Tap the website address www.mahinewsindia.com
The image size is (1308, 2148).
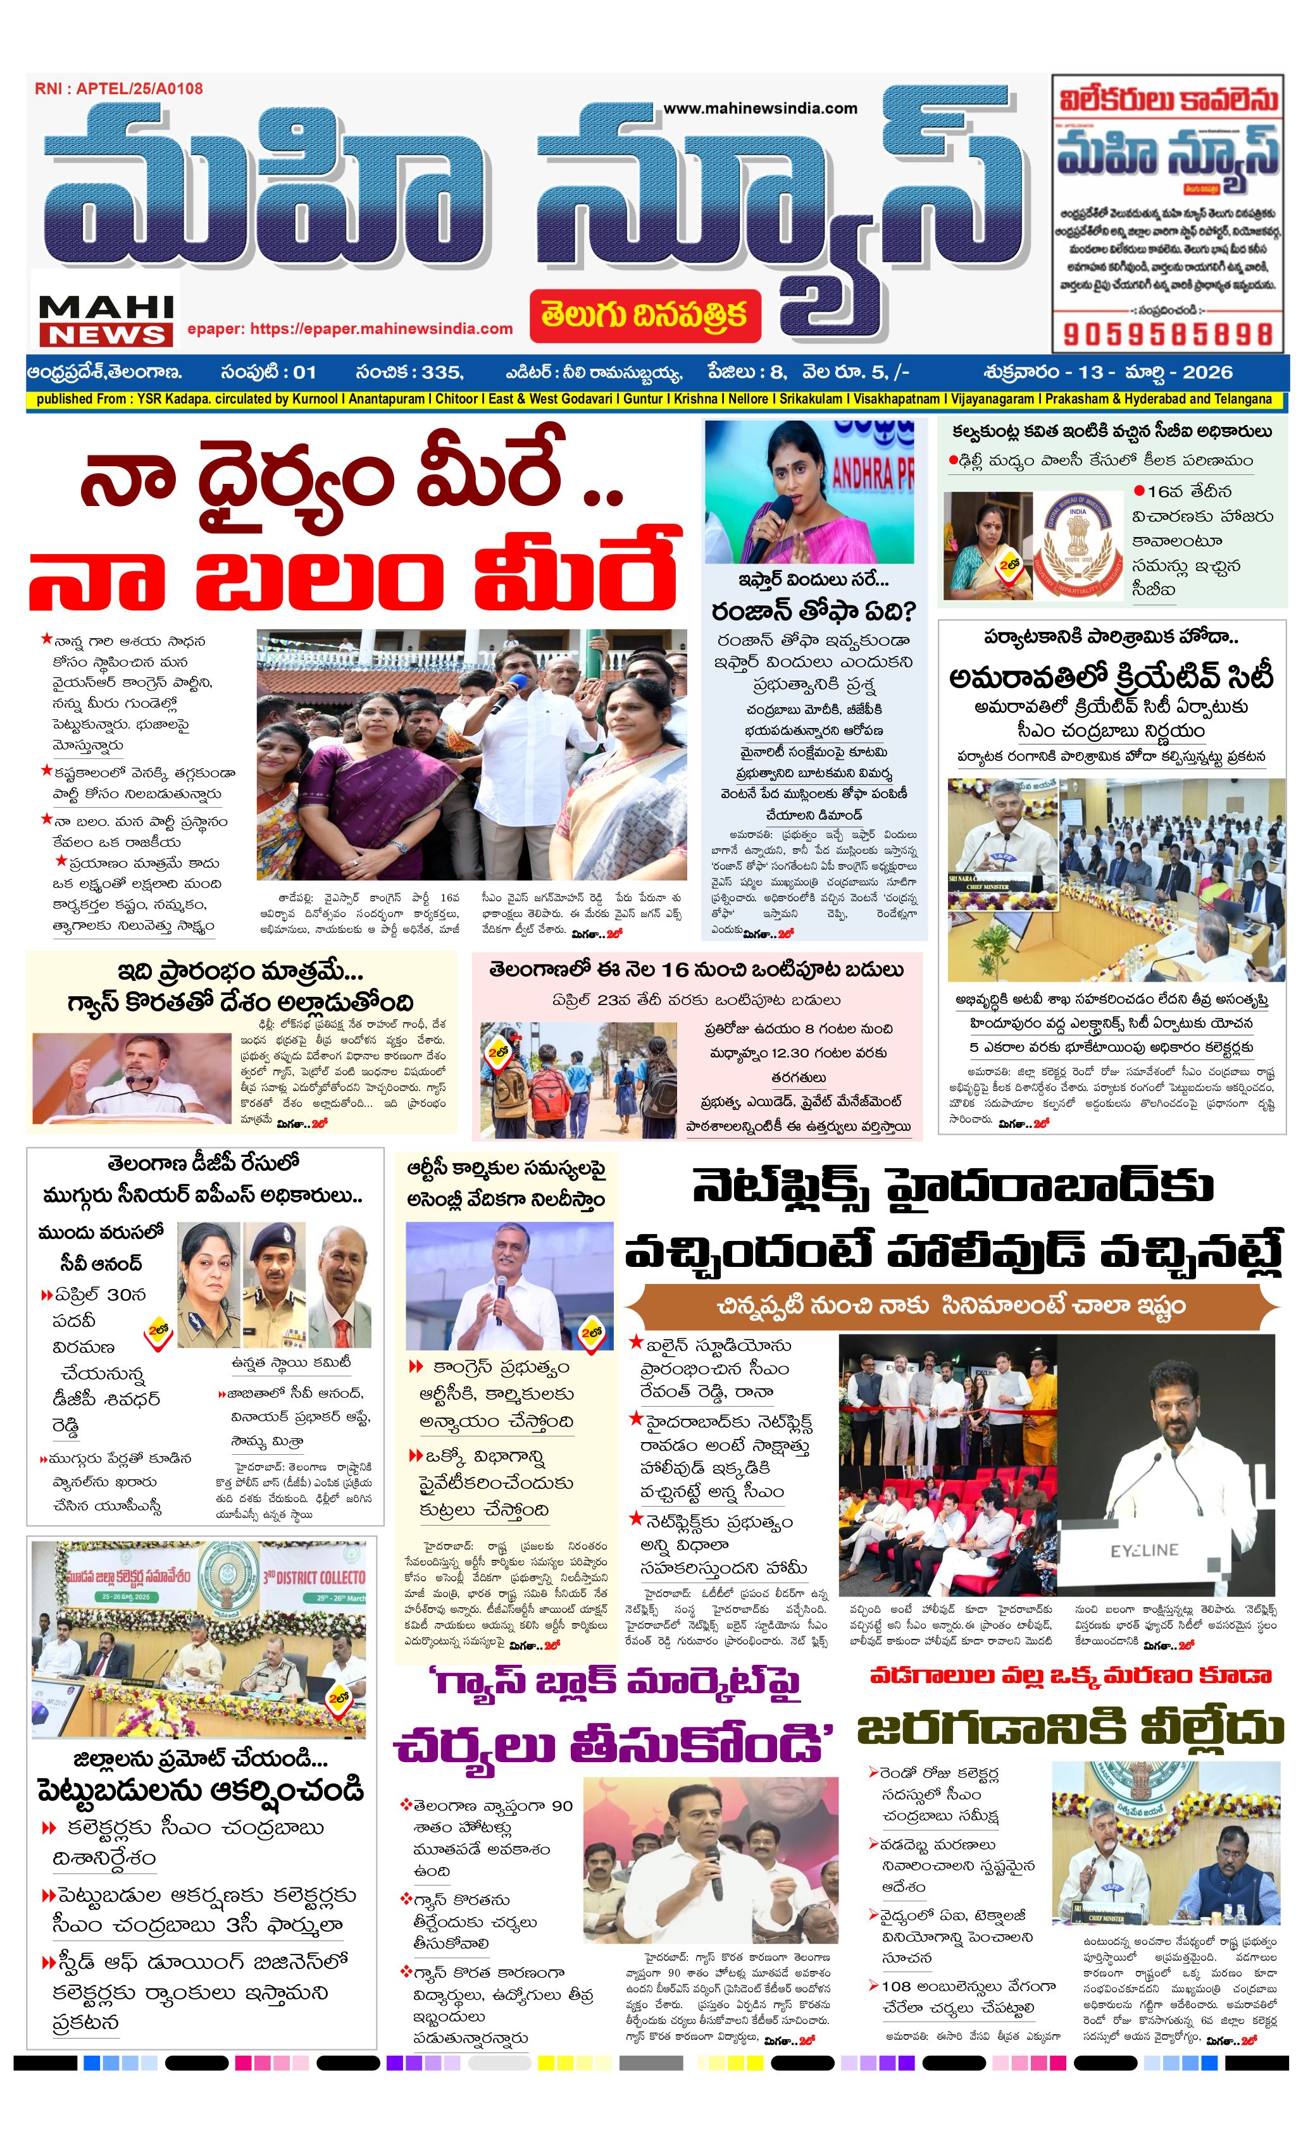pyautogui.click(x=761, y=108)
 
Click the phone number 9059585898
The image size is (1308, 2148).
pyautogui.click(x=1168, y=334)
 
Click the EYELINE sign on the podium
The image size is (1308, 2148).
pyautogui.click(x=1144, y=1550)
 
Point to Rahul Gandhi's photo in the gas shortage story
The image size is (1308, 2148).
pyautogui.click(x=131, y=1075)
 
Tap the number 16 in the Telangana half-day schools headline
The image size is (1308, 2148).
pyautogui.click(x=674, y=970)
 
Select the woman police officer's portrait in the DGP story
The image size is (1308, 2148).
pyautogui.click(x=208, y=1285)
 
